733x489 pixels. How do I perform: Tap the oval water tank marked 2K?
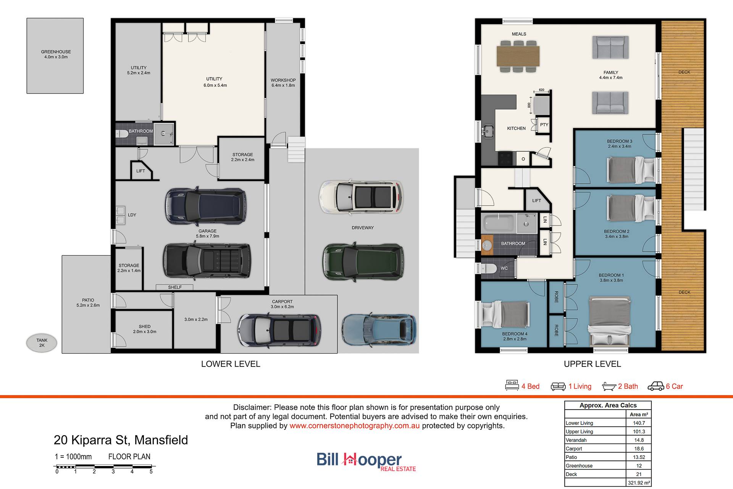point(42,343)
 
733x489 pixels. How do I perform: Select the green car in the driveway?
point(363,261)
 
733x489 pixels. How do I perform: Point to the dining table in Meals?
point(518,56)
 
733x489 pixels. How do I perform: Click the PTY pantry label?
point(544,125)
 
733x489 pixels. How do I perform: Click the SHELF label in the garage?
point(175,287)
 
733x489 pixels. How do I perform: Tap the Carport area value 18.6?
point(639,449)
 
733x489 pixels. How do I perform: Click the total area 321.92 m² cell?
point(639,483)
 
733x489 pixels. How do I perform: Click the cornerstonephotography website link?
point(354,426)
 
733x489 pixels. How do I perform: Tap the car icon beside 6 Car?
point(656,386)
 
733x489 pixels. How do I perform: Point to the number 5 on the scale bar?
point(151,472)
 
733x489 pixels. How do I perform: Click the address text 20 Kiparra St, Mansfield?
point(121,440)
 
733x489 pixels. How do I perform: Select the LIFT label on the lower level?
point(140,171)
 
